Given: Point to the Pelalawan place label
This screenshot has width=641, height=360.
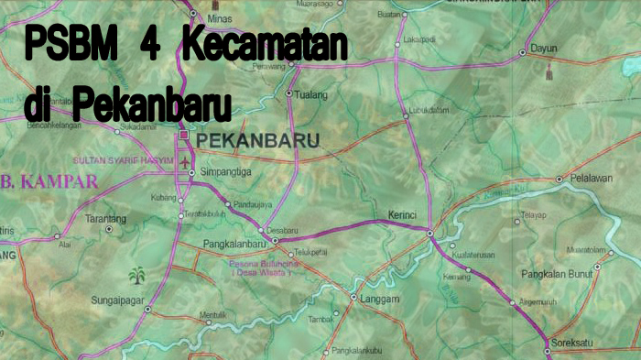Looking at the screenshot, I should pyautogui.click(x=590, y=178).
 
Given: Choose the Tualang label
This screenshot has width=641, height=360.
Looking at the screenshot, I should pyautogui.click(x=310, y=93).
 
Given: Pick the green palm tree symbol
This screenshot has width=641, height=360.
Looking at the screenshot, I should pyautogui.click(x=139, y=275).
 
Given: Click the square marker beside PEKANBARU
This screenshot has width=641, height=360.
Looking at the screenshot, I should pyautogui.click(x=184, y=135).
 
